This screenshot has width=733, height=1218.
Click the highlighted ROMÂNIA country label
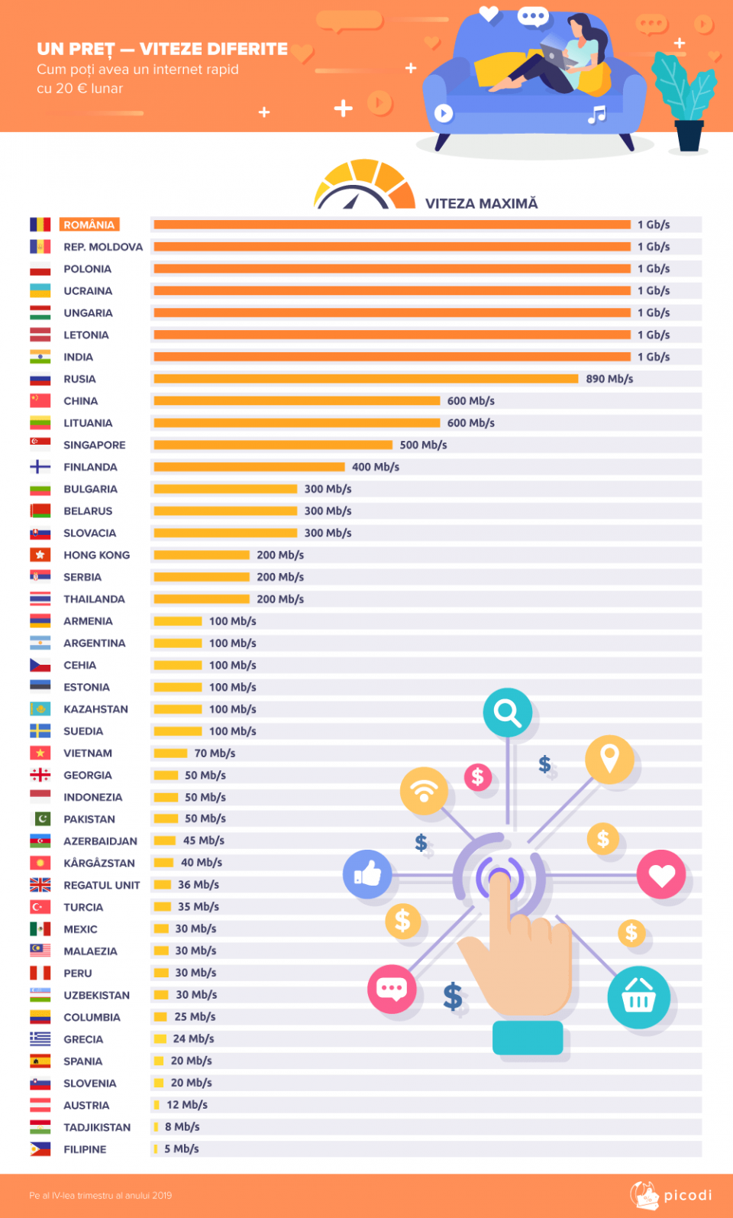(89, 225)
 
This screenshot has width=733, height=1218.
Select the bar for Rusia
(366, 379)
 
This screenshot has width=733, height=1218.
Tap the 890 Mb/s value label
(609, 379)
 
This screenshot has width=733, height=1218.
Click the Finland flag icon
(40, 467)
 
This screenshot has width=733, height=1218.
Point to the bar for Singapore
(273, 445)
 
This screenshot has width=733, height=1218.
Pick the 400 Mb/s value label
(375, 467)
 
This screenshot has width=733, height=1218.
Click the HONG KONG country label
(96, 556)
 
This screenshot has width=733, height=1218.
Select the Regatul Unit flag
(40, 885)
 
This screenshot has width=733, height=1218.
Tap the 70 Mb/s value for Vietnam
(215, 753)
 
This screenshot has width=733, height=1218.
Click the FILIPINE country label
(85, 1149)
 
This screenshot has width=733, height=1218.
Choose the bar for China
(296, 401)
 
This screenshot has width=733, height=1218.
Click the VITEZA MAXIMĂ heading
(481, 203)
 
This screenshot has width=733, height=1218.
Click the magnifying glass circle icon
(508, 713)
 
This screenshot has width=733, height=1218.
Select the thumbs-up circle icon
(367, 873)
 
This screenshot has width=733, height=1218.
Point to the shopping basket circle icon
(639, 997)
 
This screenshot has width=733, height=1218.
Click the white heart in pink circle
(661, 875)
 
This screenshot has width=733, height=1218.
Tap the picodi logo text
(687, 1195)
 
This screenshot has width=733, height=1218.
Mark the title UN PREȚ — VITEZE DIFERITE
(162, 49)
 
